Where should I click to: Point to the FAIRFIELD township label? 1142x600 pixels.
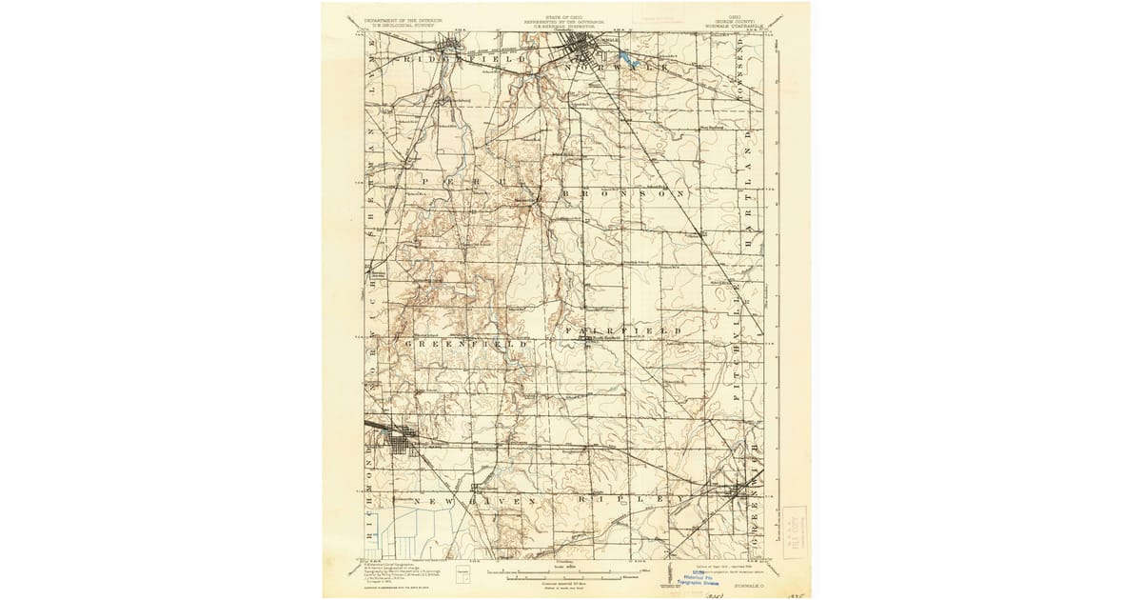(x=622, y=330)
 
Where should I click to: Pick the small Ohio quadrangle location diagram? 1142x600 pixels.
(x=463, y=574)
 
